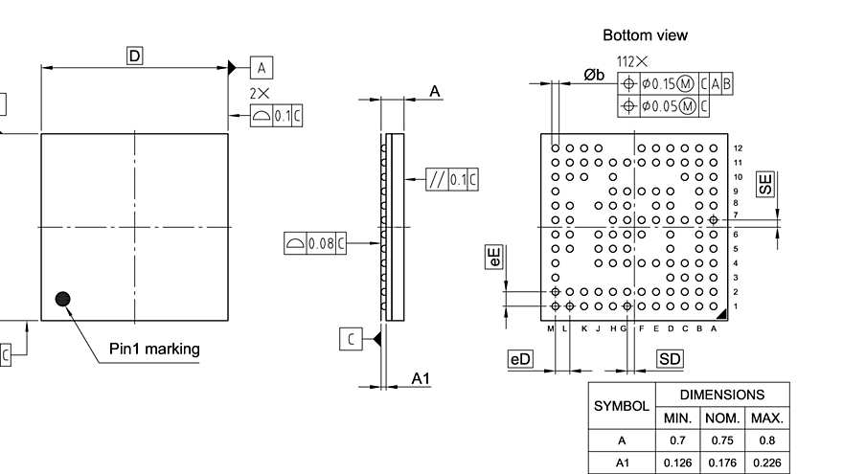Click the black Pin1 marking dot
coord(63,299)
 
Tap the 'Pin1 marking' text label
coord(154,349)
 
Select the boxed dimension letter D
coord(135,56)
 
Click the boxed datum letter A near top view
coord(262,67)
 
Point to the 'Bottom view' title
coord(645,35)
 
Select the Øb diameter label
coord(594,75)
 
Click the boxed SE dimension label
coord(764,185)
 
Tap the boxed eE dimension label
coord(494,256)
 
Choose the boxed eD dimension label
coord(520,359)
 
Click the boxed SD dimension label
coord(671,359)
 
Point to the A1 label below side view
coord(421,379)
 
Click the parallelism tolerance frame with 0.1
coord(452,179)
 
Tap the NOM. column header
coord(722,418)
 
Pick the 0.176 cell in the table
coord(722,463)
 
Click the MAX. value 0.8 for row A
coord(767,441)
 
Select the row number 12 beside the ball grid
coord(738,148)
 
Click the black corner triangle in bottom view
coord(721,313)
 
